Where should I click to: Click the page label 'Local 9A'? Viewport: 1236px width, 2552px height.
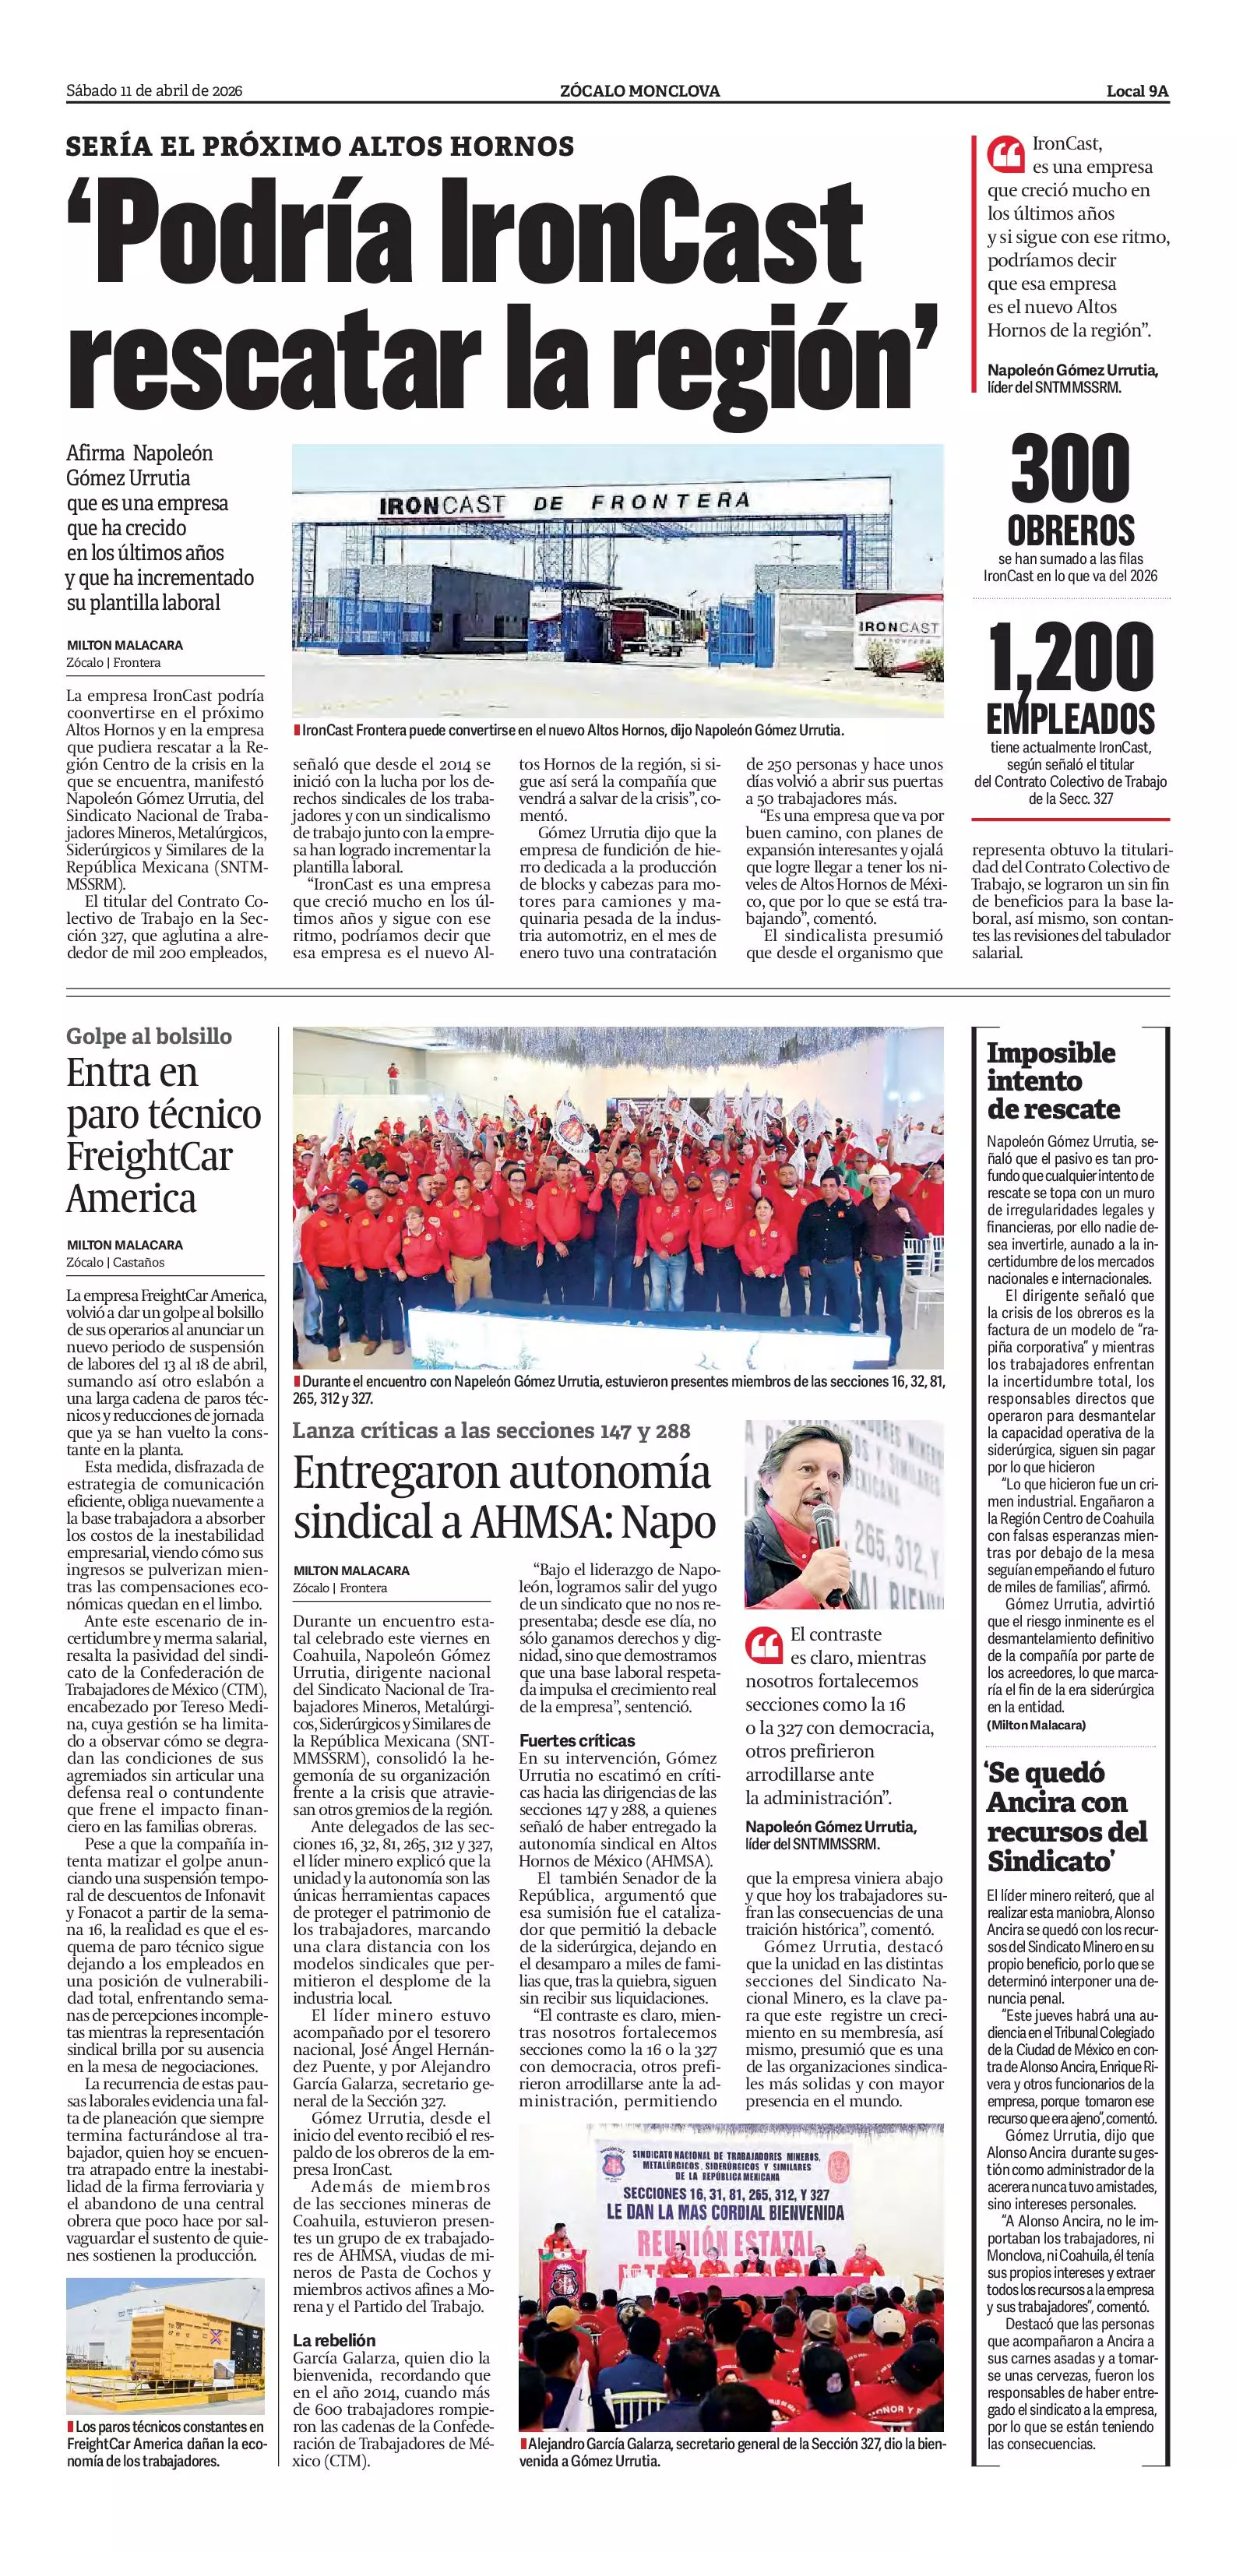1137,91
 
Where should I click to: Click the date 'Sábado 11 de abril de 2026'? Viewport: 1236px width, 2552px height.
154,91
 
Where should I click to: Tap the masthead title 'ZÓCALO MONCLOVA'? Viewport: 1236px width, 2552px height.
639,91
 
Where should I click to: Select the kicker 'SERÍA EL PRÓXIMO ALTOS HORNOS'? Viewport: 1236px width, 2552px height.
320,146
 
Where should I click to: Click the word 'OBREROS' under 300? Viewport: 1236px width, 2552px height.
1071,531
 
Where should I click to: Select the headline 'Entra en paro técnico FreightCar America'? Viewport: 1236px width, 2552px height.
164,1135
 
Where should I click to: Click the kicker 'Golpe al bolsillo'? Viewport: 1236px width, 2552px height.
149,1036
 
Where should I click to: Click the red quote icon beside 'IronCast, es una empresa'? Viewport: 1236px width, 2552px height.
1005,154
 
